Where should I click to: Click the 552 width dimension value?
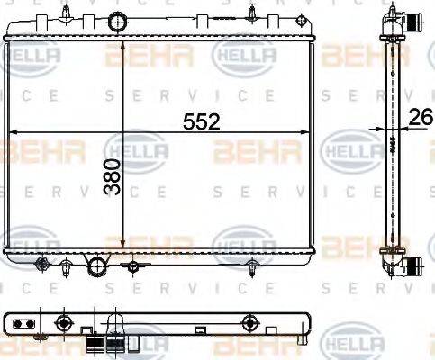coord(202,121)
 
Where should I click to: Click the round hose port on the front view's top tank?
coord(115,22)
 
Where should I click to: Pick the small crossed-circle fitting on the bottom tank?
coord(132,265)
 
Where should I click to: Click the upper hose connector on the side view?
coord(410,23)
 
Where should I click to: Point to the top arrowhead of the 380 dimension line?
coord(122,45)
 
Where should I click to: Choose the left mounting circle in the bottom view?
coord(62,322)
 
